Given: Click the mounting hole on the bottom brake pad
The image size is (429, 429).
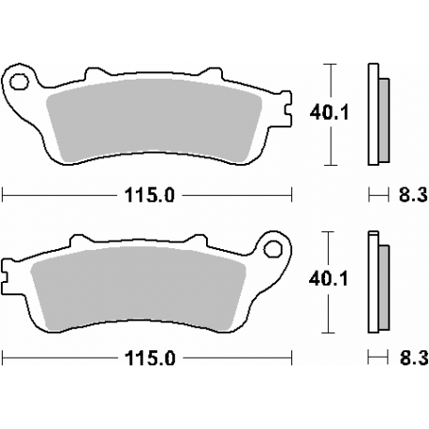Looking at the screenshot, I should point(274,248).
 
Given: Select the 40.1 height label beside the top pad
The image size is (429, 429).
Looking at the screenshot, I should point(323,111).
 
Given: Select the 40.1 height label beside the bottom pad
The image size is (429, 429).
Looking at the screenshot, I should point(323,277).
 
